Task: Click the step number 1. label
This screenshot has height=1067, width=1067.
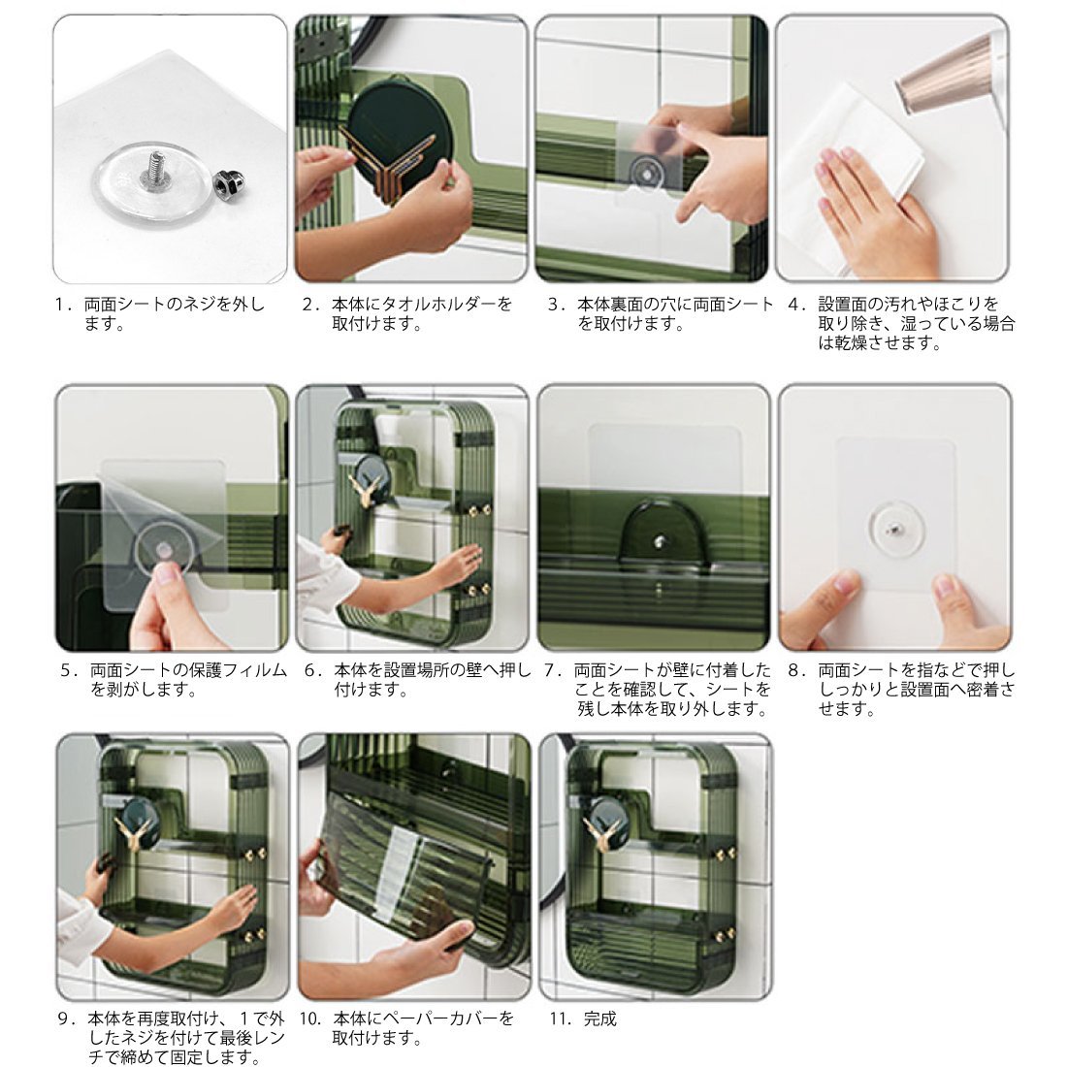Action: [x=64, y=305]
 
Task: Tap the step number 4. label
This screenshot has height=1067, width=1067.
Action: [x=796, y=304]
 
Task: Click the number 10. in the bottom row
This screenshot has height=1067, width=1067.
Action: [x=310, y=1018]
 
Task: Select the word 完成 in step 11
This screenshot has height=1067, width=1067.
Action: [x=600, y=1018]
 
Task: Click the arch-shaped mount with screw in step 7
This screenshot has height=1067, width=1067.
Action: [x=658, y=532]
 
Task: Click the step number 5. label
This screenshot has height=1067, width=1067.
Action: [x=70, y=670]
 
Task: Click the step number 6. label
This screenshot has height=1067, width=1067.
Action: [x=313, y=670]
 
